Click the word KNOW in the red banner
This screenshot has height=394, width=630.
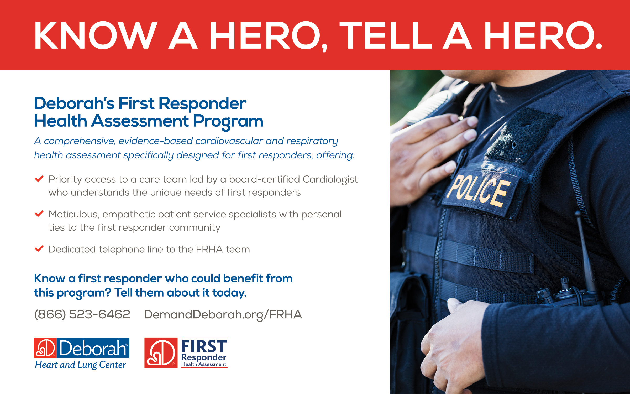[96, 35]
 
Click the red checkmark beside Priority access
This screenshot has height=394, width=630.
[39, 179]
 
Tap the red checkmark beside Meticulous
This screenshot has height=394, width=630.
[39, 214]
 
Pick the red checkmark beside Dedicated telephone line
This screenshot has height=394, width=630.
[39, 248]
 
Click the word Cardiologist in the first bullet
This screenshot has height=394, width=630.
[330, 180]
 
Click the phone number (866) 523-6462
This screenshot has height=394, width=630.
[82, 314]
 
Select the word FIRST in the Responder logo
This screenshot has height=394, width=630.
[204, 346]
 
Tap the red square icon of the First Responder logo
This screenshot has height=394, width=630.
[161, 352]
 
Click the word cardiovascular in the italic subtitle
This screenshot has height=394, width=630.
[229, 141]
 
